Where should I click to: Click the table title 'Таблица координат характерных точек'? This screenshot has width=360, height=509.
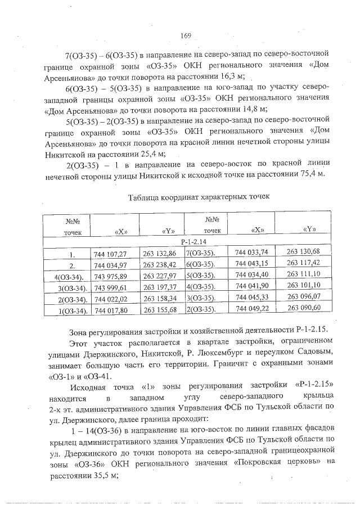click(199, 197)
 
